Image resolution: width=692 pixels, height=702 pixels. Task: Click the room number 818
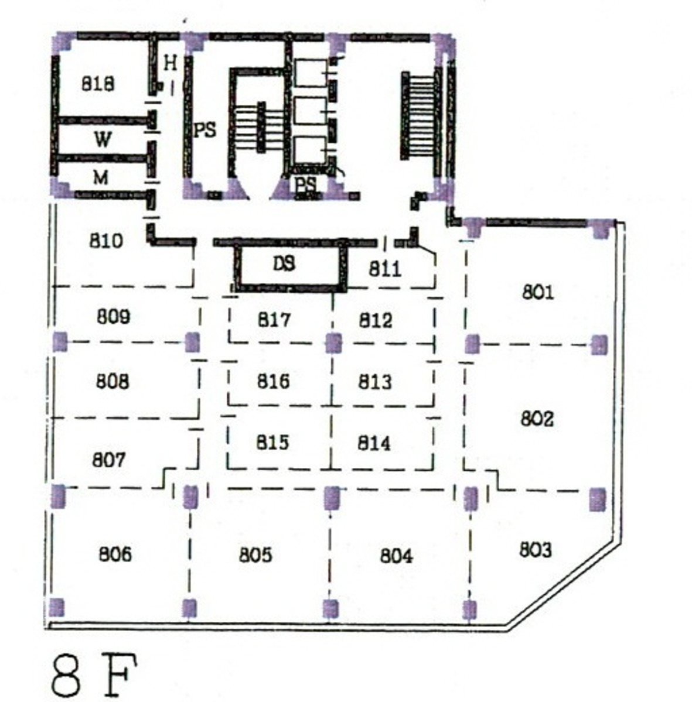click(x=98, y=83)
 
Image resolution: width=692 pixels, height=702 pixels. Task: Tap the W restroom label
click(x=103, y=139)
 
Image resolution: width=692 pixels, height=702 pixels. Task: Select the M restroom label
click(x=101, y=178)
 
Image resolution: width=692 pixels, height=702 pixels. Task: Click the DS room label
click(x=284, y=263)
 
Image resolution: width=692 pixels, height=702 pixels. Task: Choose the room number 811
click(x=385, y=269)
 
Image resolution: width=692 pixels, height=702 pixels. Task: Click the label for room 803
click(x=536, y=549)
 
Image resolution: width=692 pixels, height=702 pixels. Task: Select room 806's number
click(x=115, y=554)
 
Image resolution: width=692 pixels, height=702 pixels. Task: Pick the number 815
click(x=272, y=442)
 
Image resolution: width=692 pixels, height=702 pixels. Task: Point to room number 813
click(x=375, y=381)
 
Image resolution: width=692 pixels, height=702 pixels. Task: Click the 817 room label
click(x=274, y=320)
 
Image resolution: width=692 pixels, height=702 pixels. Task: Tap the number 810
click(x=106, y=241)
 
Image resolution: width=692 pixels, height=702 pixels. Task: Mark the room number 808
click(x=113, y=381)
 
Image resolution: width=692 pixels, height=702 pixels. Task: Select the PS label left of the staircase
click(x=205, y=131)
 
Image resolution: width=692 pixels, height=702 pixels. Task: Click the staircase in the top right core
click(x=419, y=115)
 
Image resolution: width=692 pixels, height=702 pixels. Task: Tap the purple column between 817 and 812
click(x=333, y=343)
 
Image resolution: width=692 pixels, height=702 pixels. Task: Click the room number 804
click(x=396, y=556)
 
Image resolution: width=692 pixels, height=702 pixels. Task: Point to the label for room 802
click(x=537, y=419)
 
